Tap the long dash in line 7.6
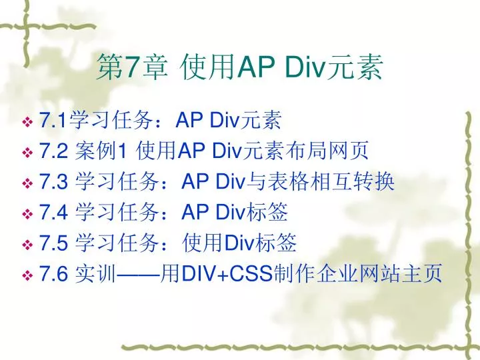pos(139,274)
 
